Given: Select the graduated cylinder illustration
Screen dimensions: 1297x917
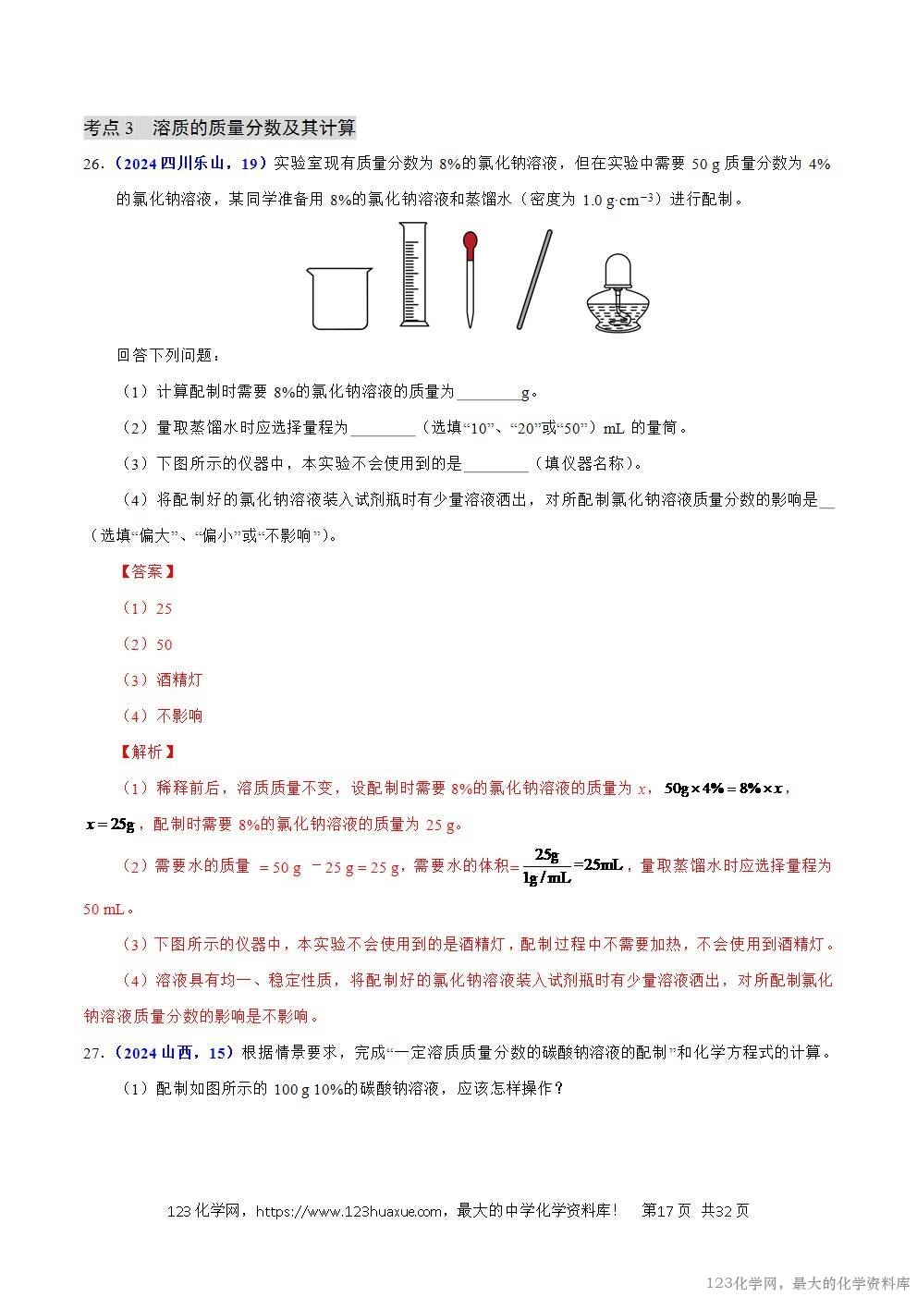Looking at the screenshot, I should tap(414, 275).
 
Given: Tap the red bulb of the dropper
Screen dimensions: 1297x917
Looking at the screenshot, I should tap(471, 244).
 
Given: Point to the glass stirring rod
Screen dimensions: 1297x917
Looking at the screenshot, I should tap(534, 278).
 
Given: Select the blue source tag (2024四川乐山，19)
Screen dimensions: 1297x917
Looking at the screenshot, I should tap(190, 164).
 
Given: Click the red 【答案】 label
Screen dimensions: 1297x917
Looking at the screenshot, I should tap(148, 572).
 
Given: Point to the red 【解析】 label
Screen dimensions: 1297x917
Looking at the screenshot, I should tap(148, 752).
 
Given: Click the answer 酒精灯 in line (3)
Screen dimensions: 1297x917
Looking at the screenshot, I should tap(179, 680).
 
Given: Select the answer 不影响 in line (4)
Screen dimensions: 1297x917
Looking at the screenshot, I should tap(179, 716).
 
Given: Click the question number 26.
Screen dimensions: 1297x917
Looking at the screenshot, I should tap(92, 164).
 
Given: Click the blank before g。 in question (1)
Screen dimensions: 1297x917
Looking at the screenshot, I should tap(489, 393).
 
